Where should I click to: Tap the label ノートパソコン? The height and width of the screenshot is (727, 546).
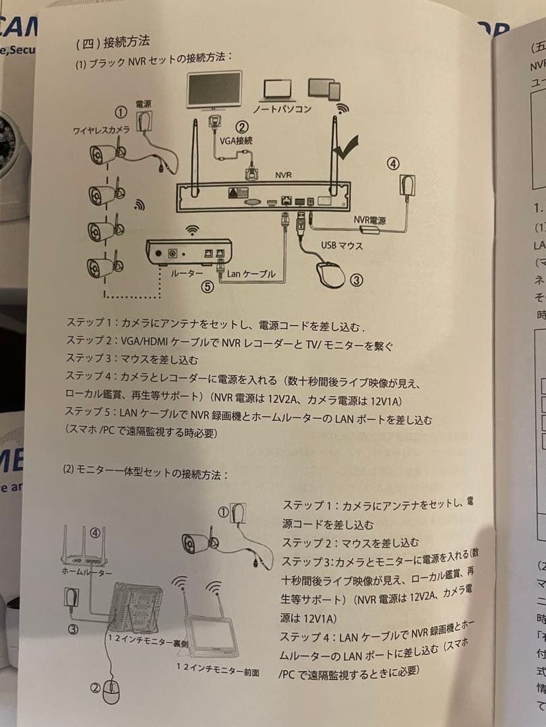click(x=282, y=108)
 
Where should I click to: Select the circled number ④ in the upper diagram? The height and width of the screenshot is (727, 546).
click(x=393, y=163)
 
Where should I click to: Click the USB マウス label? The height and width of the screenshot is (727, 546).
click(x=342, y=246)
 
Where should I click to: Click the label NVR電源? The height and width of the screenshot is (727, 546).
click(x=371, y=220)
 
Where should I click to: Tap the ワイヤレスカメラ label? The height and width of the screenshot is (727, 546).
click(x=101, y=130)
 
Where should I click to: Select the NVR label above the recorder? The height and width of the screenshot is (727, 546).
click(x=284, y=174)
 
